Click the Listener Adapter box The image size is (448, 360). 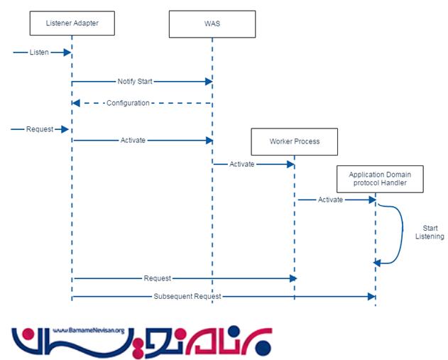[x=71, y=23]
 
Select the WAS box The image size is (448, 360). [x=212, y=23]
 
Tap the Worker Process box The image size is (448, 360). [x=294, y=141]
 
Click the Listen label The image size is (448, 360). [x=39, y=53]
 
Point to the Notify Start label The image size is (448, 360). [x=135, y=82]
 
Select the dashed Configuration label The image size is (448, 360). [x=128, y=103]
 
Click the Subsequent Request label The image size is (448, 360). [x=187, y=295]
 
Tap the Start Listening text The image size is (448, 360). [x=430, y=232]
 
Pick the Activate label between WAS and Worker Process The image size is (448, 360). [x=242, y=165]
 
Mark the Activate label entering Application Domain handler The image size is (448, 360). [x=330, y=200]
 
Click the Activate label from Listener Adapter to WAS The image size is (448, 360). [x=133, y=140]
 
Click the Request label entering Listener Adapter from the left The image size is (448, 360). [x=39, y=129]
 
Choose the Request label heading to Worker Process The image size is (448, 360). [x=157, y=278]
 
